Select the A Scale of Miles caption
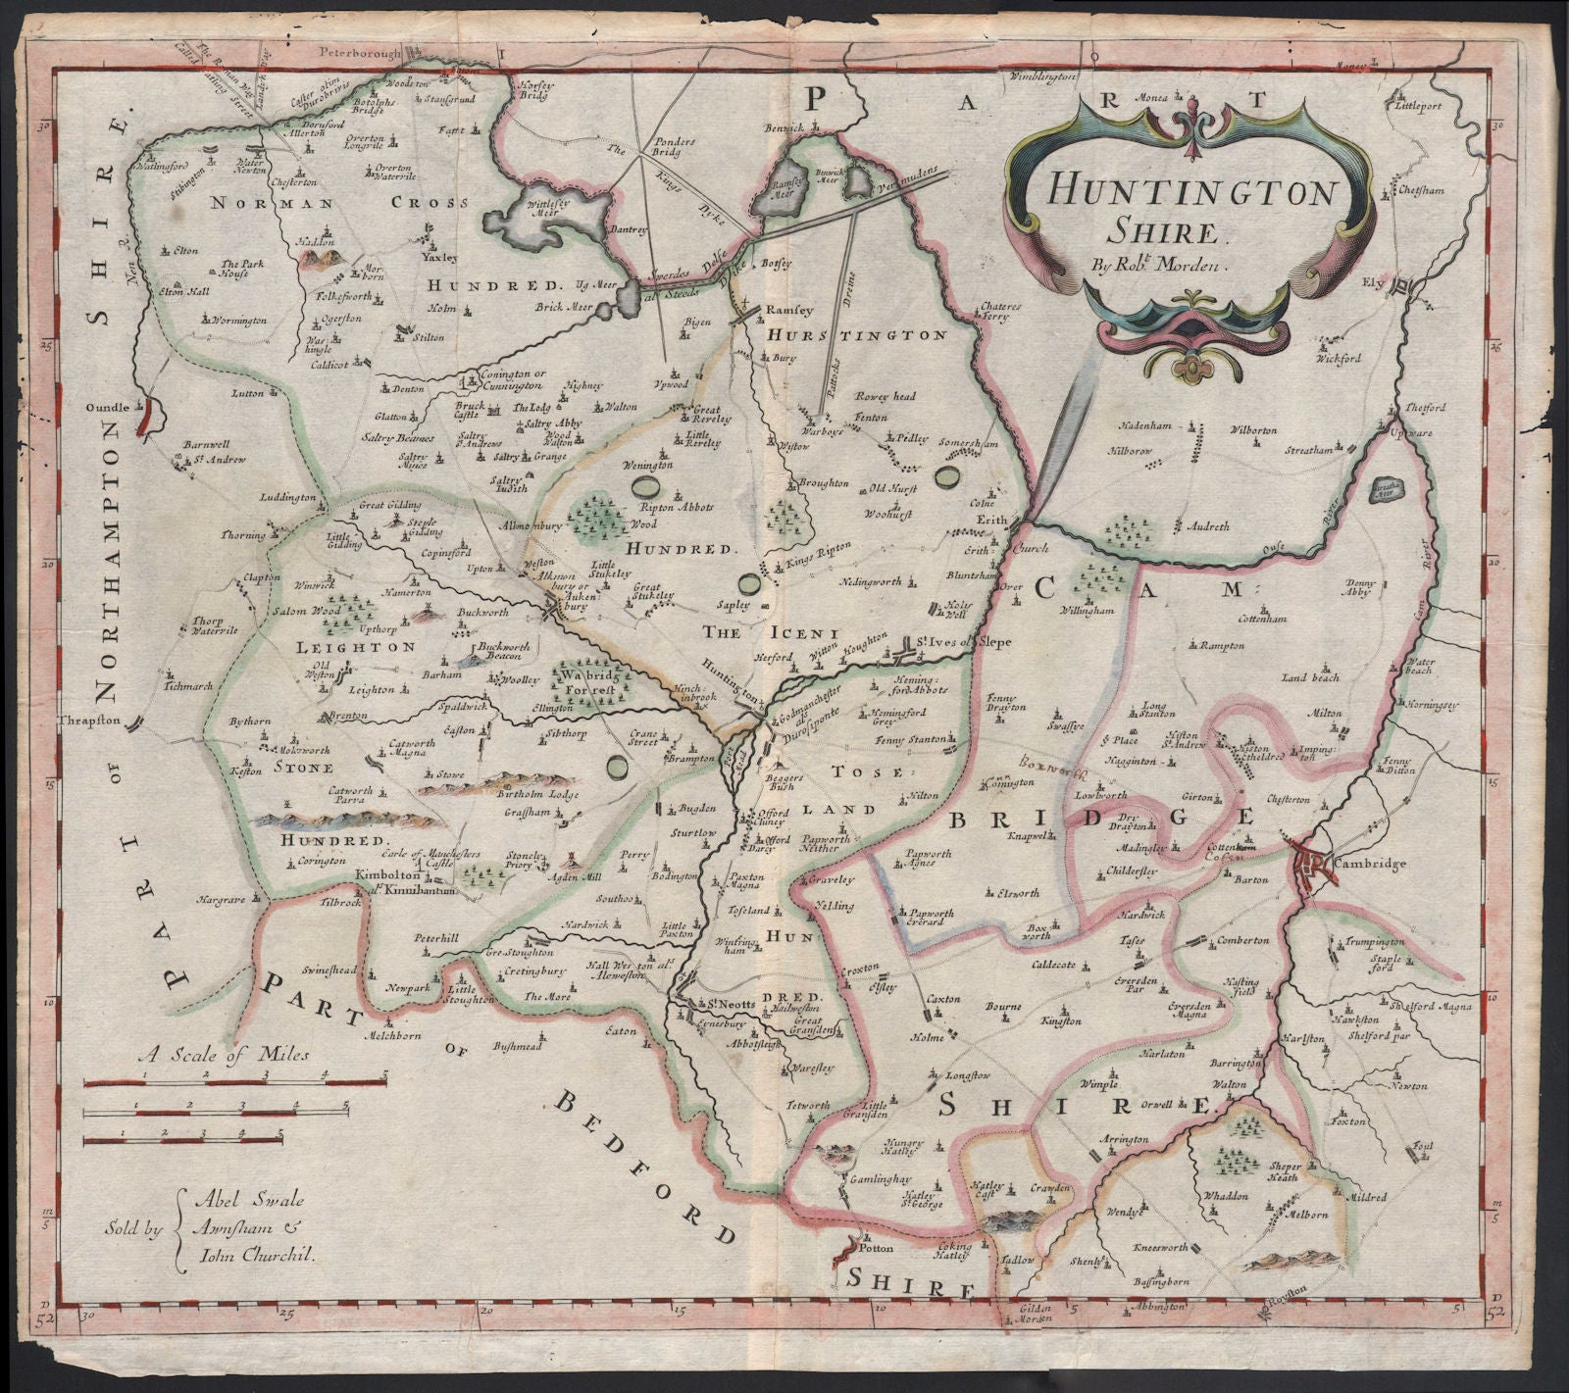(224, 1055)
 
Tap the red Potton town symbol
(844, 1253)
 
